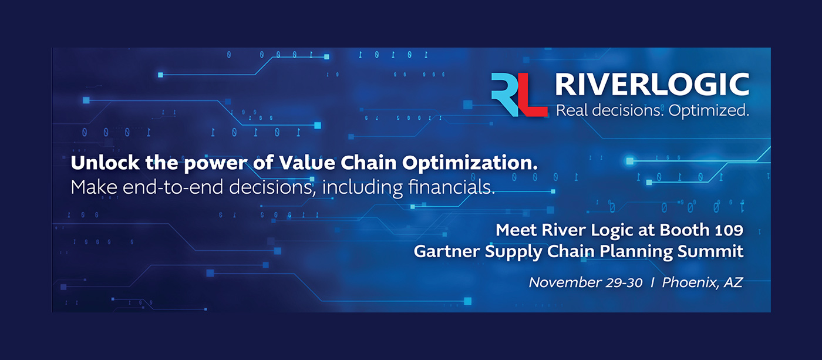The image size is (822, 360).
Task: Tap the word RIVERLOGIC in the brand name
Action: (652, 85)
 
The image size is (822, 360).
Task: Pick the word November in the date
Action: (564, 282)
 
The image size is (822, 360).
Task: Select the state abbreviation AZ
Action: (733, 282)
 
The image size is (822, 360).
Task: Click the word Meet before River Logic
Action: (515, 229)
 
